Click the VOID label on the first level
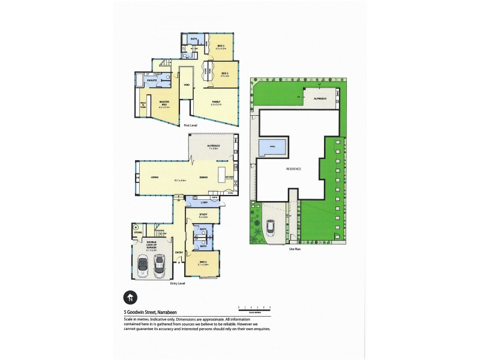pyautogui.click(x=187, y=85)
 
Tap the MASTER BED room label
pyautogui.click(x=163, y=103)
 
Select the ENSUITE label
pyautogui.click(x=152, y=80)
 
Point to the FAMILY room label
pyautogui.click(x=215, y=102)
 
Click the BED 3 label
pyautogui.click(x=220, y=47)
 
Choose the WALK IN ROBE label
pyautogui.click(x=144, y=107)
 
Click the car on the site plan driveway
pyautogui.click(x=271, y=227)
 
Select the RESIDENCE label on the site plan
pyautogui.click(x=293, y=169)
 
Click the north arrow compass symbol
pyautogui.click(x=128, y=296)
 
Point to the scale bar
pyautogui.click(x=254, y=307)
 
